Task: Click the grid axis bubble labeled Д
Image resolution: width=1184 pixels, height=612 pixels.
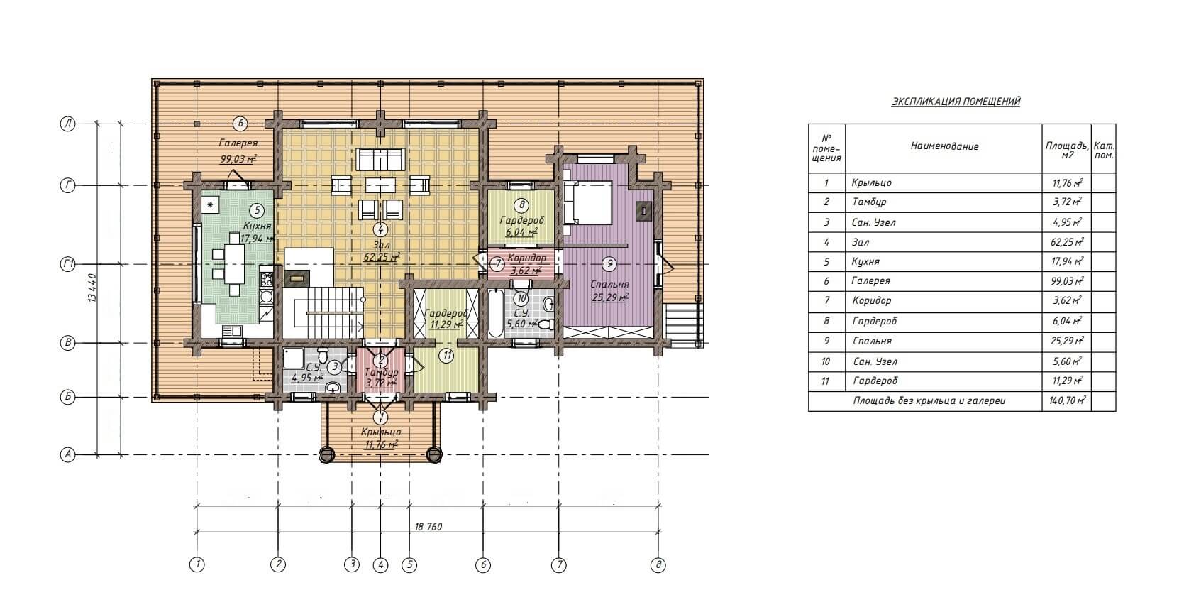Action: point(67,124)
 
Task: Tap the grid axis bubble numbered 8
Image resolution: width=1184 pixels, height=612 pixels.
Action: point(658,565)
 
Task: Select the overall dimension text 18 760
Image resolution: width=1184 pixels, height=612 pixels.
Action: point(428,527)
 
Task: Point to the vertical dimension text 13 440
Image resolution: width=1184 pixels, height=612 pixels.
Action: point(93,288)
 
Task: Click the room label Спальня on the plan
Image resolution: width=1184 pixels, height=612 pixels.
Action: point(609,285)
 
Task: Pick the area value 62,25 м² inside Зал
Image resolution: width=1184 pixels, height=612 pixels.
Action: point(381,258)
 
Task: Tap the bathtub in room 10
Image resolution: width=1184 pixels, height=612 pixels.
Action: point(496,313)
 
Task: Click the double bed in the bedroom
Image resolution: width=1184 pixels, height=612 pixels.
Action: point(588,202)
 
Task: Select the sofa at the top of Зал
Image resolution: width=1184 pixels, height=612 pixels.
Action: point(380,159)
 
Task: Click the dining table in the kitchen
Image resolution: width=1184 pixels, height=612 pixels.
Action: point(233,264)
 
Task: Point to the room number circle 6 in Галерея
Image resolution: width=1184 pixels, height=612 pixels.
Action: point(240,124)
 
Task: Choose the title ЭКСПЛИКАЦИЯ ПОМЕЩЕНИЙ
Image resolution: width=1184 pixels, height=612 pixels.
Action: point(956,102)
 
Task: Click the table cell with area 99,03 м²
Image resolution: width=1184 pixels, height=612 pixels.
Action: point(1066,281)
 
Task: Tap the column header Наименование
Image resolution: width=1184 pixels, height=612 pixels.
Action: point(944,146)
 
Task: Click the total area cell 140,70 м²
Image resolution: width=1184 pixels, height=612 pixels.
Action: point(1066,401)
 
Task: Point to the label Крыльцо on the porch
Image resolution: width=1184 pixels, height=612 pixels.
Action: point(380,432)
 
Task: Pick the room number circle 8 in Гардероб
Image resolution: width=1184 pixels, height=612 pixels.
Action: point(521,205)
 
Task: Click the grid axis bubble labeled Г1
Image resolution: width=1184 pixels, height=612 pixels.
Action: point(67,265)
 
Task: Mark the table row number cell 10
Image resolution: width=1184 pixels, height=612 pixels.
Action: point(826,362)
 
